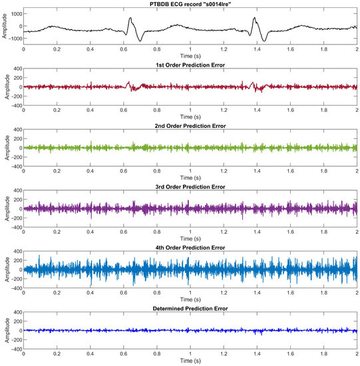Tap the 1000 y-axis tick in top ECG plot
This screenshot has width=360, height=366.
(x=15, y=13)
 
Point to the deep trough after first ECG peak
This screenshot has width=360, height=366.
(x=140, y=41)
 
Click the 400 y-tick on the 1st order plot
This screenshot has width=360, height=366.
(x=17, y=69)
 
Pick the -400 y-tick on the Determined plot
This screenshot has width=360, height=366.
(x=15, y=349)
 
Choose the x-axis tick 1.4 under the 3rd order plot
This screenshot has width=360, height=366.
(x=257, y=232)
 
